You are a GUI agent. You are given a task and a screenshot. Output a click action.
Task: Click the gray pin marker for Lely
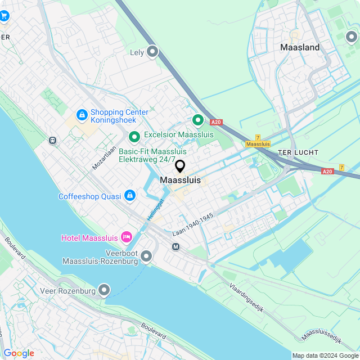click(x=152, y=52)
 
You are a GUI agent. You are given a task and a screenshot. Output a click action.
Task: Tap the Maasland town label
click(x=300, y=48)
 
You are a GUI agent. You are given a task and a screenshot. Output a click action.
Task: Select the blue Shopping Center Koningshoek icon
click(x=82, y=115)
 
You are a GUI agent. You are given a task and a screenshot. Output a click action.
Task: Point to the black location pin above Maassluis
click(x=180, y=166)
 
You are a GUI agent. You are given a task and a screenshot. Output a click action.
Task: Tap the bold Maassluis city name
click(x=181, y=180)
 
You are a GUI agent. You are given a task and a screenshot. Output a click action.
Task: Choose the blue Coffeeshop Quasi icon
click(x=130, y=195)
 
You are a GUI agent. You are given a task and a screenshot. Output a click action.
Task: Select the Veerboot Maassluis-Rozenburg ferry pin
click(x=146, y=256)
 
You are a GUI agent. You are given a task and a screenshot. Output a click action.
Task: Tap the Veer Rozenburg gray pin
click(x=104, y=290)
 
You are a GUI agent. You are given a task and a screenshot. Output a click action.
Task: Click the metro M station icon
click(x=175, y=246)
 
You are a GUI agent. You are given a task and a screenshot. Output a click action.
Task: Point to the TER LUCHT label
click(x=298, y=152)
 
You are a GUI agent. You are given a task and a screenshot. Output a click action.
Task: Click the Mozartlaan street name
click(x=104, y=157)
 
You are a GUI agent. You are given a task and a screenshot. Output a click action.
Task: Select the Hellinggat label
click(x=155, y=209)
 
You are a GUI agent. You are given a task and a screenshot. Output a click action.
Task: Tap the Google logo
click(x=19, y=353)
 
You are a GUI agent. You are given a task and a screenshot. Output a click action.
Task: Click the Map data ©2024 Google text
click(x=325, y=355)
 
